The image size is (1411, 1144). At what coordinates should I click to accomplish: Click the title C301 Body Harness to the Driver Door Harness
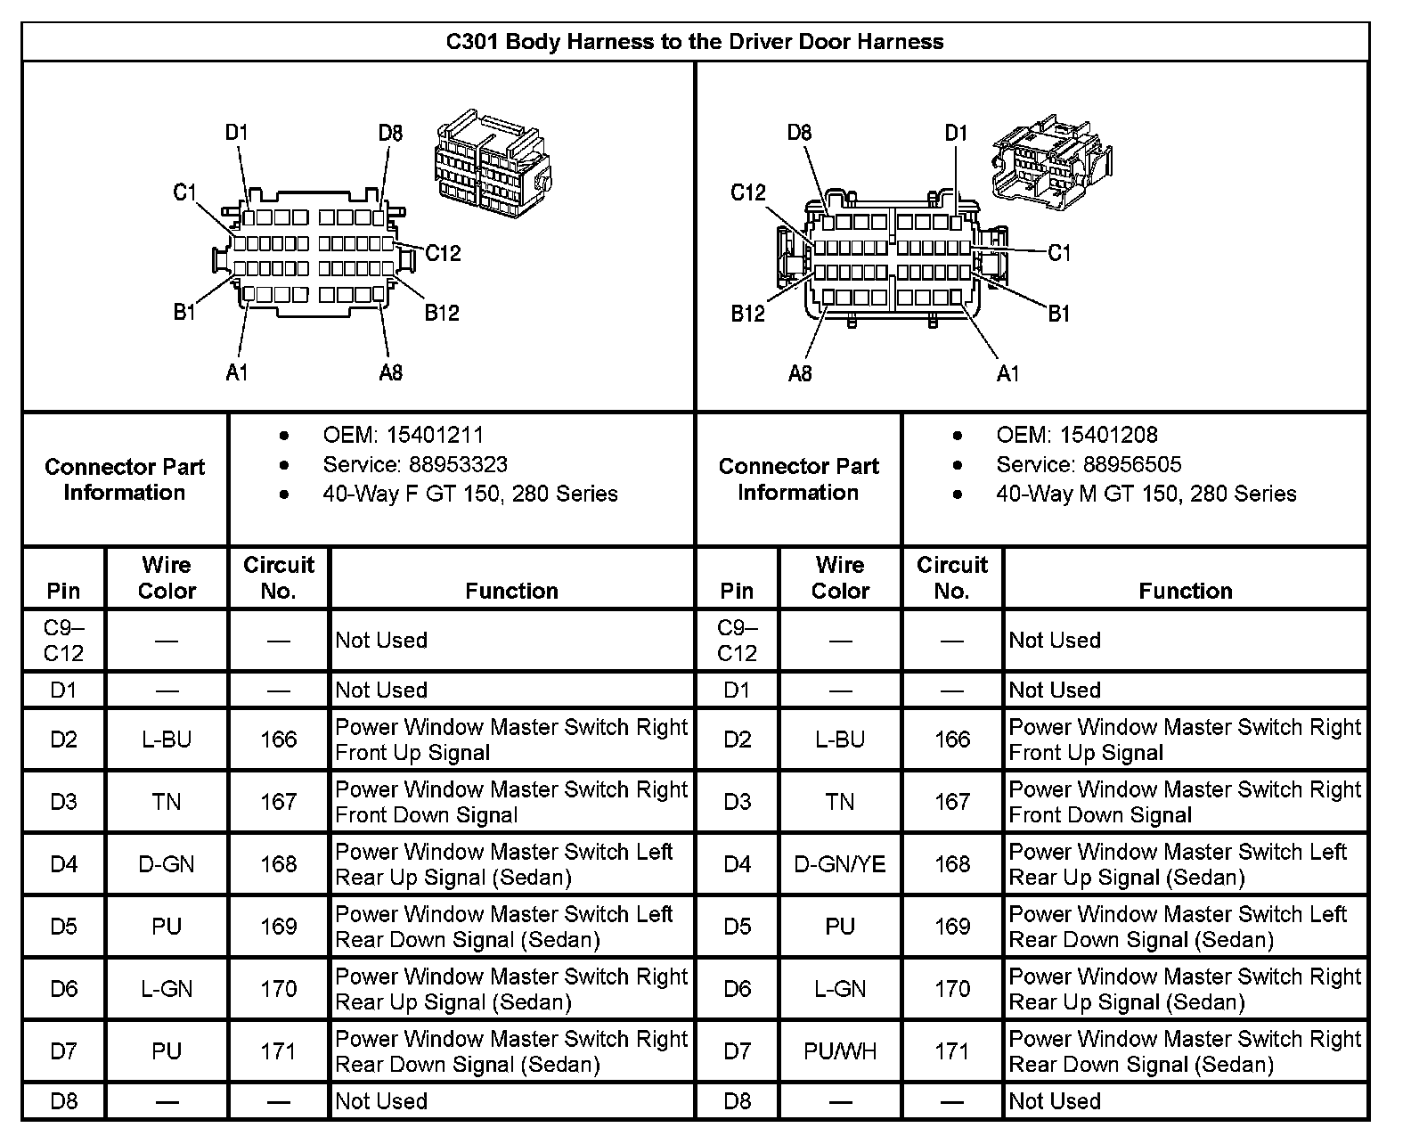(695, 42)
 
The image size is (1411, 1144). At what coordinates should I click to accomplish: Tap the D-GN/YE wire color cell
(839, 864)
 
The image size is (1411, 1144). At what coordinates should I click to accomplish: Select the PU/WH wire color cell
(839, 1051)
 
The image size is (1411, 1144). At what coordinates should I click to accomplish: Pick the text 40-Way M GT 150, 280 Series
(1146, 494)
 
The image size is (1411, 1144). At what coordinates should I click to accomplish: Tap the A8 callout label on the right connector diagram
(800, 373)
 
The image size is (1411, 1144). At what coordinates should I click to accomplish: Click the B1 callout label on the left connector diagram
(184, 313)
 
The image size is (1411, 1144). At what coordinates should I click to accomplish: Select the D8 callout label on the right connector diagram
(799, 133)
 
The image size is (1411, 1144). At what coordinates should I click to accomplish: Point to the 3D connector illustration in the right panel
(1052, 160)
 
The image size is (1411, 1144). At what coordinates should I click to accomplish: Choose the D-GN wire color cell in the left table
(167, 864)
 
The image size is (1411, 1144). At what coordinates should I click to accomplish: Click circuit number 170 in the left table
(279, 989)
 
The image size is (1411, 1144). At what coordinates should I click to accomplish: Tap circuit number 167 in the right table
(952, 802)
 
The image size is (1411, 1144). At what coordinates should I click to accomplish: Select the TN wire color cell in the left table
(167, 802)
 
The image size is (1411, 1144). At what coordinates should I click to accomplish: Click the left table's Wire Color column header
(167, 577)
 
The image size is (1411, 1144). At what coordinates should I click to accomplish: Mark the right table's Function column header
(1185, 591)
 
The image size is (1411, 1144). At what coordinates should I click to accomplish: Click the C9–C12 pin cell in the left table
(63, 641)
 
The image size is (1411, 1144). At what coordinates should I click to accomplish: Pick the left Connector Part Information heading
(125, 479)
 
